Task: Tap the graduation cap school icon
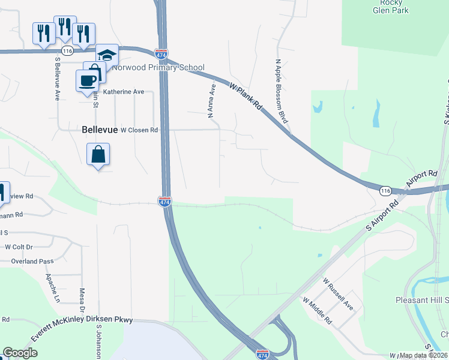click(107, 56)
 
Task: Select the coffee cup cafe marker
click(86, 80)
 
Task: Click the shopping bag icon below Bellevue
click(98, 155)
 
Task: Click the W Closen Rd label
click(139, 130)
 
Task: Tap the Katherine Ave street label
click(124, 92)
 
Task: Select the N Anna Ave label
click(211, 100)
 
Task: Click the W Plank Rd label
click(247, 95)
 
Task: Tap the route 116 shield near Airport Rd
click(385, 190)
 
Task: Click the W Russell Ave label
click(337, 289)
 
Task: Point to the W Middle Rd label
click(318, 311)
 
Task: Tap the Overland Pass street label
click(32, 261)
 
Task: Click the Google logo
click(20, 353)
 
